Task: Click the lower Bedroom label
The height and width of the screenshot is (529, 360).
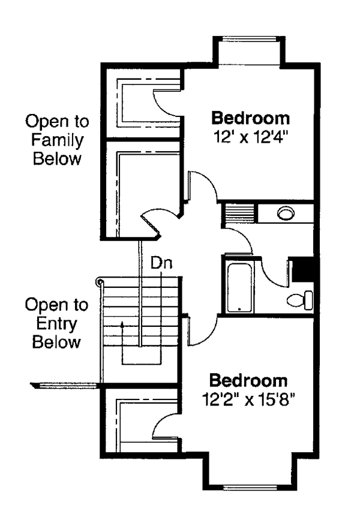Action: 248,380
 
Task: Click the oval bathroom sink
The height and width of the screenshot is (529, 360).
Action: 286,212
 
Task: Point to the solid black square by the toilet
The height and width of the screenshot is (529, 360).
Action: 302,269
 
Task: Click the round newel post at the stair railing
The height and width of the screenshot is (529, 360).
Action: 100,281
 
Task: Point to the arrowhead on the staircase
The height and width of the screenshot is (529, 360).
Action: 122,324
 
